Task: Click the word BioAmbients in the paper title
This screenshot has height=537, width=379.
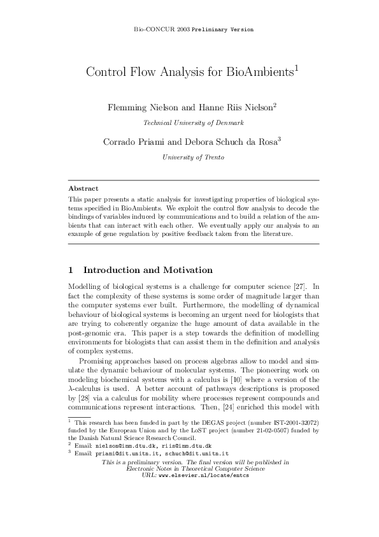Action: coord(260,73)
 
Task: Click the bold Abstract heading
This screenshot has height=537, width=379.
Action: coord(83,189)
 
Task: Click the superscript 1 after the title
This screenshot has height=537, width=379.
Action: coord(297,68)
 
